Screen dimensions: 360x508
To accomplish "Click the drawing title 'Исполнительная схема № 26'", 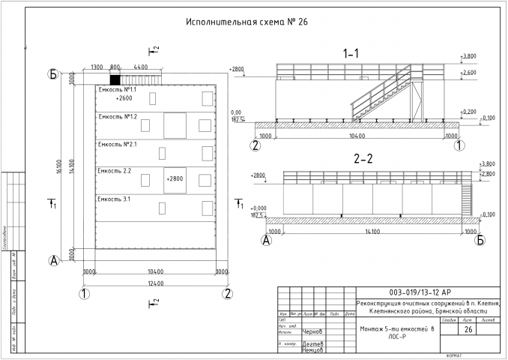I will (247, 22).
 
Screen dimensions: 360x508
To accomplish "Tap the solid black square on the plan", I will (115, 79).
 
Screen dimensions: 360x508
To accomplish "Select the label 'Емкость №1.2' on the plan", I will (118, 116).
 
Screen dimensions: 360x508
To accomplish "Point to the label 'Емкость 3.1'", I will (115, 199).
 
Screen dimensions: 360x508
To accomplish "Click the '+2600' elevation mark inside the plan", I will (124, 98).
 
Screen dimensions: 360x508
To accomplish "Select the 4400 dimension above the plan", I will (141, 67).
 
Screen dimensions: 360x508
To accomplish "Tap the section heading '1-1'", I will (351, 54).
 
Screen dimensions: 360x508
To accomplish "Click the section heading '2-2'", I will (363, 159).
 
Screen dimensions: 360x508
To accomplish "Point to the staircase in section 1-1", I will (382, 94).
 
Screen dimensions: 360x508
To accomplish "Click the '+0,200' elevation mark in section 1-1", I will (471, 112).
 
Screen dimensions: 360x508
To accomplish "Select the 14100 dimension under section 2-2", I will (372, 232).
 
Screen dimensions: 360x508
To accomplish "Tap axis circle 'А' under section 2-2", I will (265, 241).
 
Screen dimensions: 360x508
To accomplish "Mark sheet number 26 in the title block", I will (468, 330).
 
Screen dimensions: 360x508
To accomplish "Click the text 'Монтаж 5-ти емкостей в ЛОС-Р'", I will (396, 332).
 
